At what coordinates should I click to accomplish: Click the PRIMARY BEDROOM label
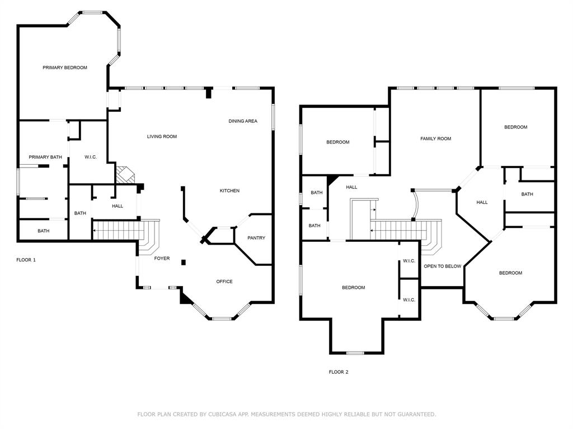[x=65, y=68]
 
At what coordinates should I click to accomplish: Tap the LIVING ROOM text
[x=162, y=136]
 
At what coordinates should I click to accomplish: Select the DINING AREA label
[x=243, y=121]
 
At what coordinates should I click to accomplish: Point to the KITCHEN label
[x=229, y=191]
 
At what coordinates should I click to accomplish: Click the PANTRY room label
[x=256, y=238]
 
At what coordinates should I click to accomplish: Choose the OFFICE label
[x=224, y=282]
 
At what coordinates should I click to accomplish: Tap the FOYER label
[x=162, y=258]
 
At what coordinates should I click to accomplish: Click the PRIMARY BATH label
[x=45, y=157]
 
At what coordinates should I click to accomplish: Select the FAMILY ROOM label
[x=435, y=139]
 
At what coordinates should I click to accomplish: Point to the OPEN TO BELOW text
[x=443, y=266]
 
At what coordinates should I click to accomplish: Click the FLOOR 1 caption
[x=26, y=260]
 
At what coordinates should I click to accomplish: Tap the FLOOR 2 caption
[x=339, y=372]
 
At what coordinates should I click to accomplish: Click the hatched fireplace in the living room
[x=125, y=175]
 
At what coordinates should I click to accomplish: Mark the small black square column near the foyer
[x=184, y=263]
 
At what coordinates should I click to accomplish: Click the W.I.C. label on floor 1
[x=91, y=157]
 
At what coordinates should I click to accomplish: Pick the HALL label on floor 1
[x=118, y=206]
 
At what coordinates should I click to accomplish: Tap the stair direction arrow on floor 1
[x=95, y=231]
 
